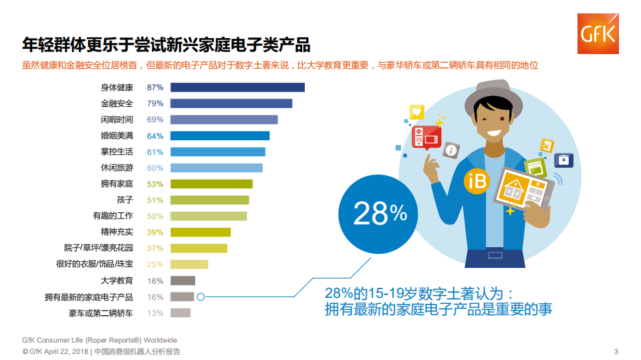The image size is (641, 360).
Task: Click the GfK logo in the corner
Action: [598, 33]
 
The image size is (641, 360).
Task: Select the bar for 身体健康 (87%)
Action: [237, 87]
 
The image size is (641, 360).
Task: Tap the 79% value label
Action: [155, 104]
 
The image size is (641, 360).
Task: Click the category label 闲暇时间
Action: [117, 120]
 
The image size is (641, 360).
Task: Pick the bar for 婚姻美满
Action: [220, 136]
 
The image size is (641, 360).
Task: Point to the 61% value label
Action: [155, 152]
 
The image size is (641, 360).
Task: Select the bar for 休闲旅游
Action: [217, 168]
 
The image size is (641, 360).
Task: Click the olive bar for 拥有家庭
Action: [211, 184]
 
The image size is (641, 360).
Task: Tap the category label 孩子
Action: [125, 200]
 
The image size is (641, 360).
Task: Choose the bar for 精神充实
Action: [201, 232]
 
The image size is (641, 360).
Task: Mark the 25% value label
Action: [155, 264]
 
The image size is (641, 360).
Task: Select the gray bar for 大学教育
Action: [182, 281]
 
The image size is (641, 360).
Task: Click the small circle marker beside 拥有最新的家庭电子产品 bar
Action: [201, 297]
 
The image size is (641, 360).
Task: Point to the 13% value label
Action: [155, 313]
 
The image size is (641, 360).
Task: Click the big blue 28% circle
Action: [380, 214]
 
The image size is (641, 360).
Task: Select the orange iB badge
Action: [477, 181]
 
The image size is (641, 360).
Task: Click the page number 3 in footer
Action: [616, 351]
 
